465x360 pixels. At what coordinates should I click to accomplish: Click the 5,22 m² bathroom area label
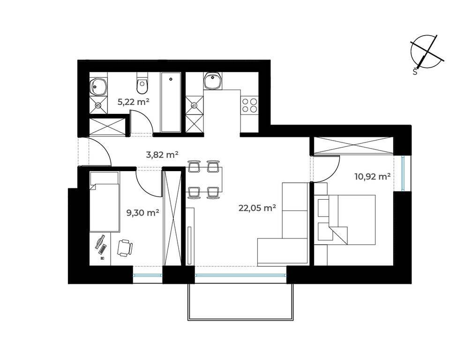point(133,102)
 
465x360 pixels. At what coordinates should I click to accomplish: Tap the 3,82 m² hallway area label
point(162,155)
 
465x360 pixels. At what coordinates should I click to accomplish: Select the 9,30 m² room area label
point(143,212)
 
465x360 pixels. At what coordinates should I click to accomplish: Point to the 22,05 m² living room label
point(257,208)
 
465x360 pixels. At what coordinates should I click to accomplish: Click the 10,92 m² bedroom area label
point(372,177)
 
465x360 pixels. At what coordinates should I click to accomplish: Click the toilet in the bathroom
point(142,83)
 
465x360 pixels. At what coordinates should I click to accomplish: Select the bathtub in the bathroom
point(171,102)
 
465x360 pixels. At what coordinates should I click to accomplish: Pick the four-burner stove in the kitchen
point(249,105)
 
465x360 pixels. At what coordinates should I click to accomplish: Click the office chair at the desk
point(125,248)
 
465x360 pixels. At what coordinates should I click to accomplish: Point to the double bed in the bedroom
point(345,220)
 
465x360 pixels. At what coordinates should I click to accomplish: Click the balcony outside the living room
point(241,302)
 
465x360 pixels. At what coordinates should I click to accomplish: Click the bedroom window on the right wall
point(403,173)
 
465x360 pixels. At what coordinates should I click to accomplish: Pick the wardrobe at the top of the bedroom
point(354,146)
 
